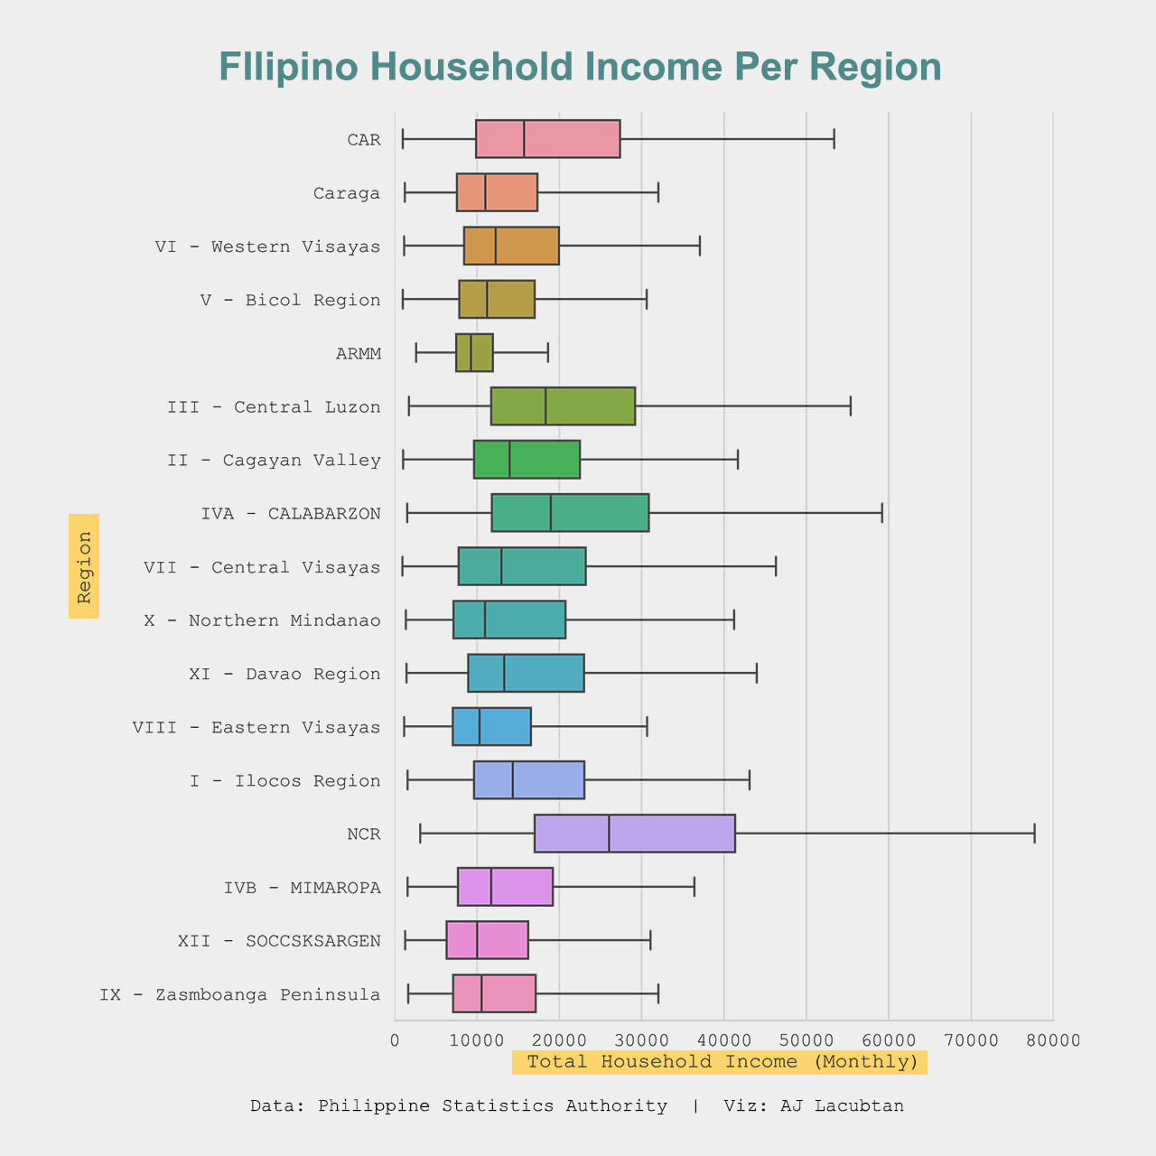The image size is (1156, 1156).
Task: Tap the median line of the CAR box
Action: point(524,139)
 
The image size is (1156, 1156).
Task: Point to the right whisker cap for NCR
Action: point(1034,834)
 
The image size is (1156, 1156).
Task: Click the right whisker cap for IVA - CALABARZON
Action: point(881,513)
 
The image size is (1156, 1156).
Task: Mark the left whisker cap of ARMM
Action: point(416,353)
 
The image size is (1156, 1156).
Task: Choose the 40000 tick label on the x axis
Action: point(724,1040)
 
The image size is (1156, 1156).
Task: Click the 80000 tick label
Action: point(1053,1040)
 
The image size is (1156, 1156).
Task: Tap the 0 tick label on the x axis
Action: point(395,1040)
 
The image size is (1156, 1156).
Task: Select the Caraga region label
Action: point(347,193)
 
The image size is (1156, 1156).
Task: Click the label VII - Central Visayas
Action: point(262,567)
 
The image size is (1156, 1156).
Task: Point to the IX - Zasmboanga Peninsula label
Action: point(240,994)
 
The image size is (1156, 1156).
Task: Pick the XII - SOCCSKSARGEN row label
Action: point(279,941)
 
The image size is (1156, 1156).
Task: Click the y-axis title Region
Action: point(84,566)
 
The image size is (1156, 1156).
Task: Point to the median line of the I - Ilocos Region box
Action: point(513,780)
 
